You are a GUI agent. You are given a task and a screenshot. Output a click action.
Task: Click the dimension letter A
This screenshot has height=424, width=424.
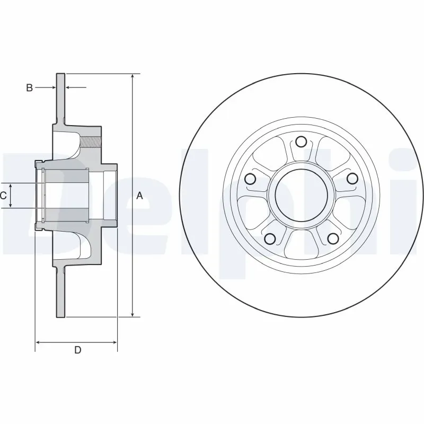coord(140,196)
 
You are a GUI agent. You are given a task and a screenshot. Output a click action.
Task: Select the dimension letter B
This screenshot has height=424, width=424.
coord(30,87)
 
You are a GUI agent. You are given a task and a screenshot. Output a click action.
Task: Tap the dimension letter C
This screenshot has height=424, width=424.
coord(3,196)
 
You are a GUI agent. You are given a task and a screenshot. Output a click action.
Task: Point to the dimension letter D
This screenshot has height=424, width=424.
coord(77,350)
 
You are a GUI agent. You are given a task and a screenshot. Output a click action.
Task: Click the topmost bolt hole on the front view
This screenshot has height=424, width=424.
coord(301,142)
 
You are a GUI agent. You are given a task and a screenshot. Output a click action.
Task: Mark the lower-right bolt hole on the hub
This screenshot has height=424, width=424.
coord(332,238)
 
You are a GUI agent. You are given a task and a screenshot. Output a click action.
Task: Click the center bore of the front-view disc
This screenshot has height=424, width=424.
coord(301,195)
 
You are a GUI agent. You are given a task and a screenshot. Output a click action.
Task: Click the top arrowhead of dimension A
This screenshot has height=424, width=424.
coord(132,76)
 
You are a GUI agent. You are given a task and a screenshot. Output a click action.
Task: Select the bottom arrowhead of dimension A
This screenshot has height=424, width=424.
coord(132,314)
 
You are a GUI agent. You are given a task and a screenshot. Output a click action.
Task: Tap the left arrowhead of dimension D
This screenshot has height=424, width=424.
coord(38,343)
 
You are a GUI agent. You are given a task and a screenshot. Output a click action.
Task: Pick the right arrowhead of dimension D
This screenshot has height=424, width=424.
coord(114,343)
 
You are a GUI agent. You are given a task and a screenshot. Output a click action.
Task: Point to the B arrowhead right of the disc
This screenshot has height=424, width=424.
coord(68,87)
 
